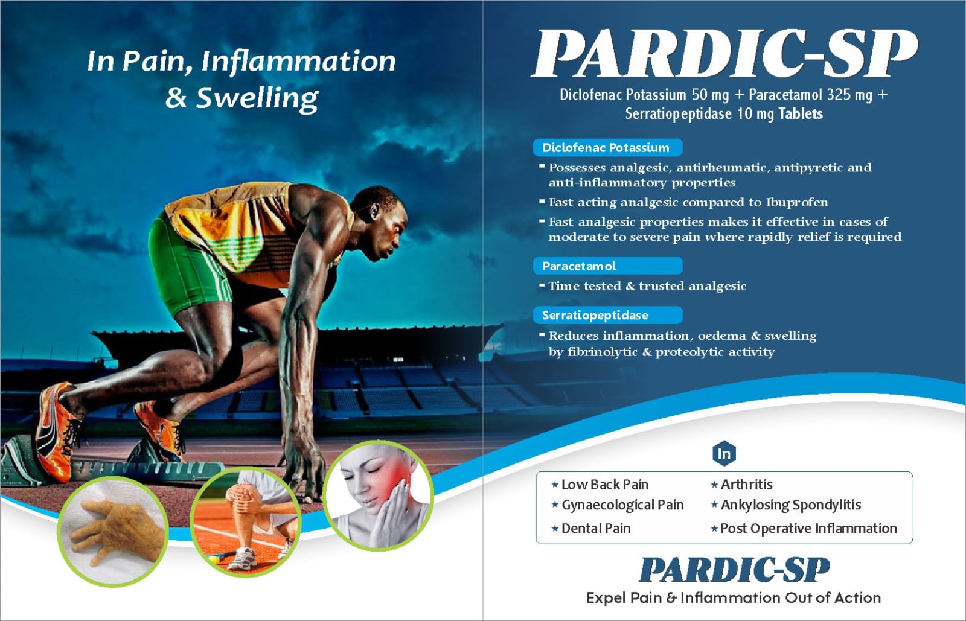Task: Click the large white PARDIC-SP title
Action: click(724, 54)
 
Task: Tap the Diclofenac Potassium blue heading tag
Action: click(607, 148)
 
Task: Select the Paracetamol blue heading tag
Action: click(607, 266)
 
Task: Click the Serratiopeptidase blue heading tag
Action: click(607, 315)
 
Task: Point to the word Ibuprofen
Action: click(797, 203)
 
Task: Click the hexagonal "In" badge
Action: click(724, 453)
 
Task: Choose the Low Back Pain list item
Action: click(600, 485)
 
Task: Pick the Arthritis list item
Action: click(742, 485)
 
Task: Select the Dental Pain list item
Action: click(591, 528)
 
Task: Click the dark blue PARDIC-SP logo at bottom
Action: click(734, 570)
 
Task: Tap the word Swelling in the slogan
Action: click(257, 99)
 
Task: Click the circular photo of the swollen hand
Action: click(113, 531)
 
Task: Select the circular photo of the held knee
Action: click(245, 521)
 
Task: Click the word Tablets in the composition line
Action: click(801, 114)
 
